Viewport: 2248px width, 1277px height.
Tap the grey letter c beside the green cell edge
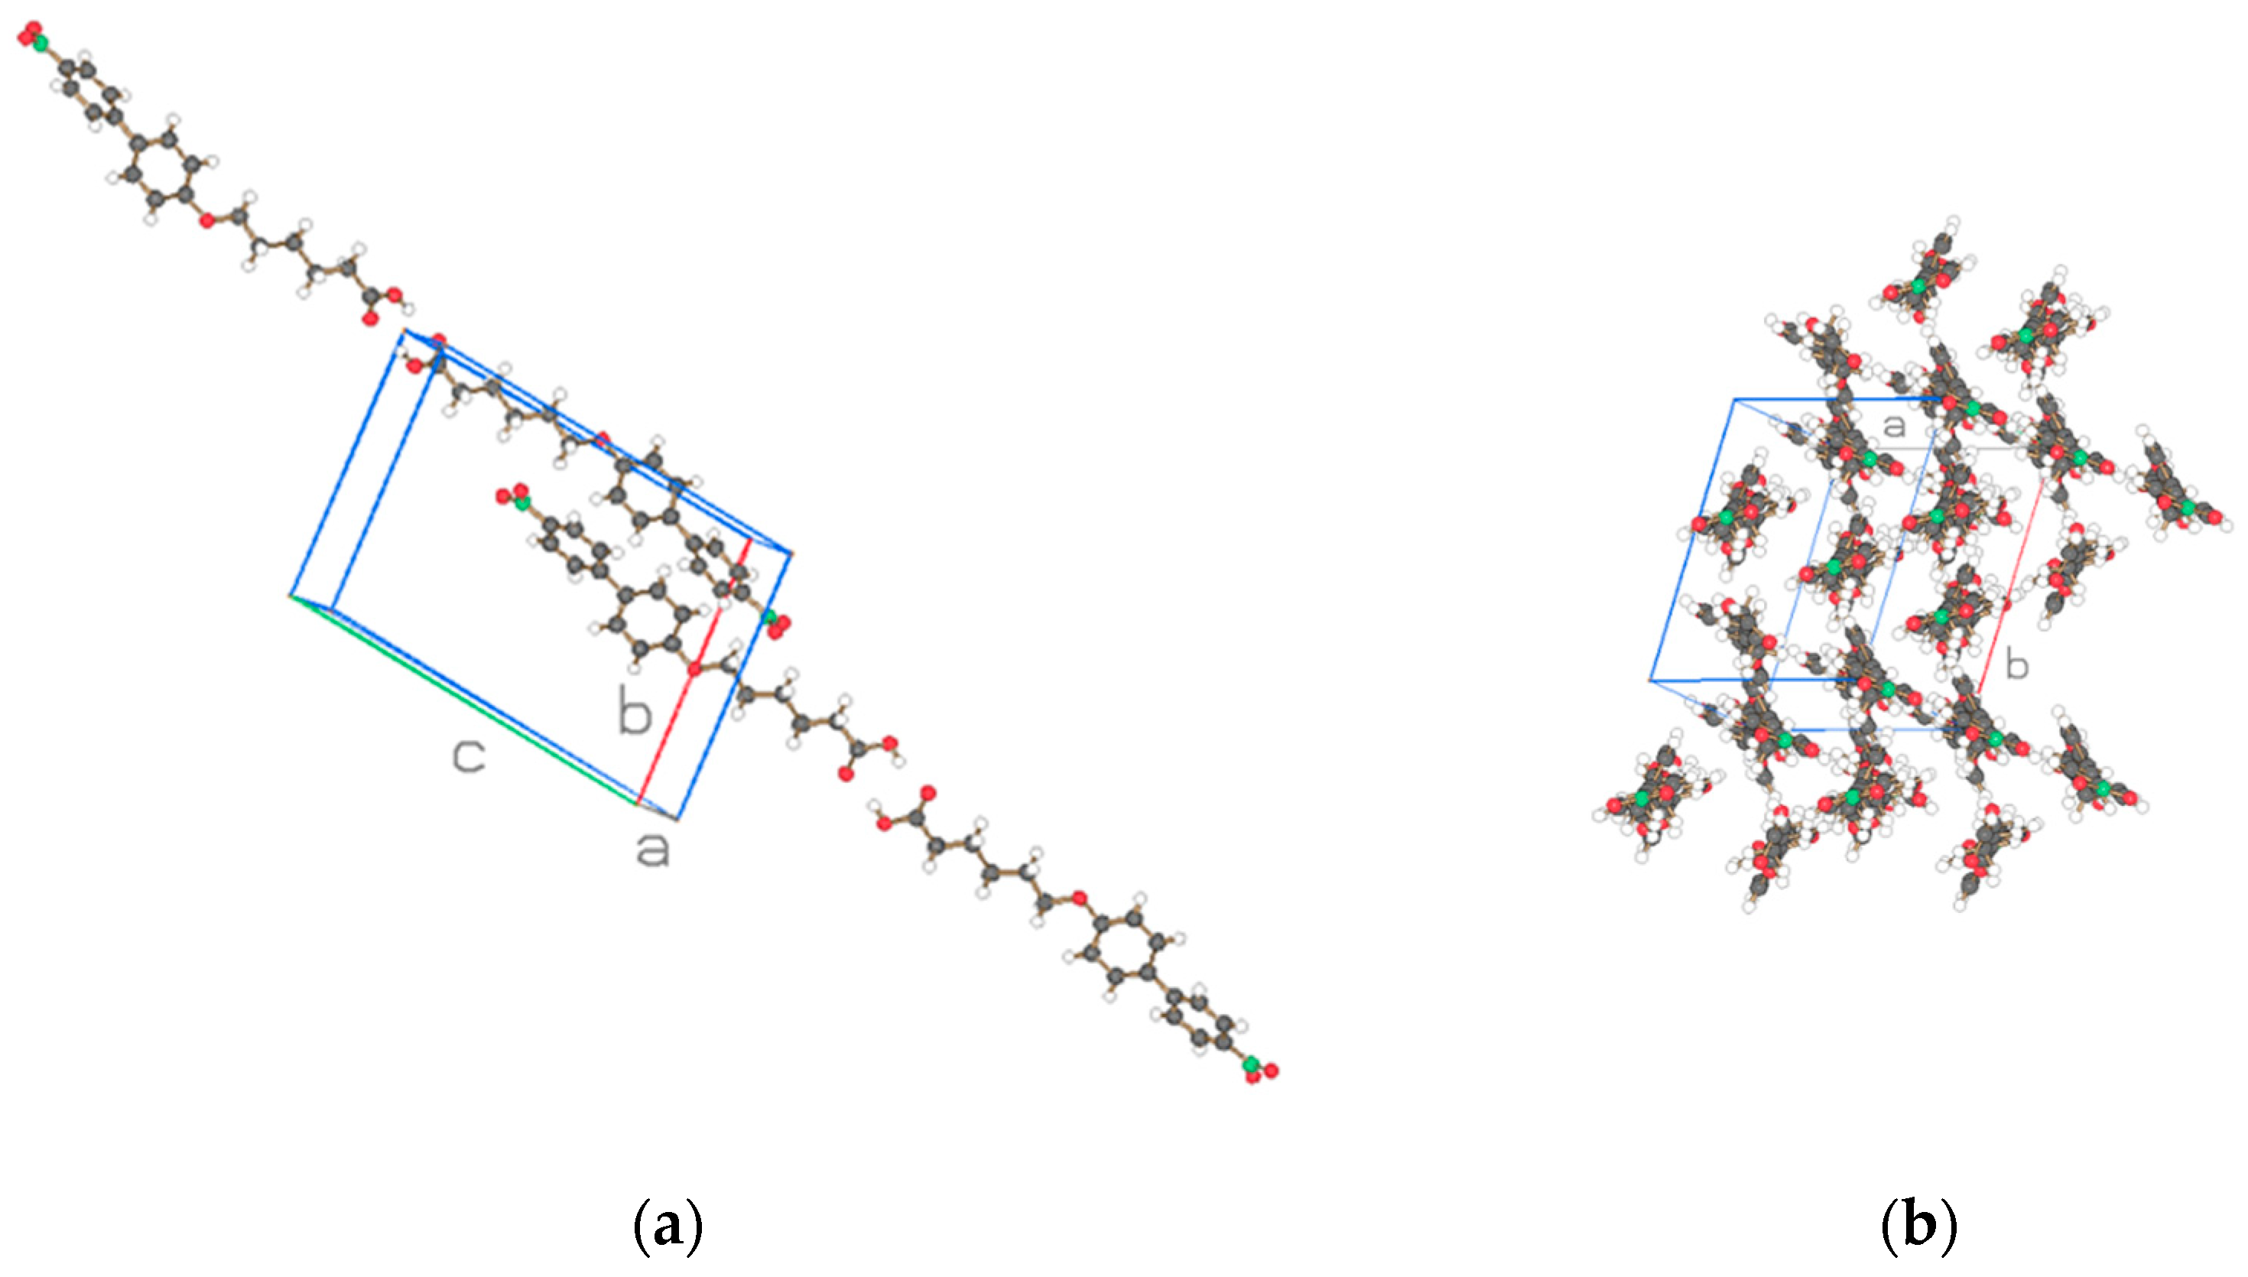pyautogui.click(x=469, y=756)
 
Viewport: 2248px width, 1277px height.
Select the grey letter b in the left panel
pyautogui.click(x=635, y=710)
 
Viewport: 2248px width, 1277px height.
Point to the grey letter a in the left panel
pyautogui.click(x=652, y=850)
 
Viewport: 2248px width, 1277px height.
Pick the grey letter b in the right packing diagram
pyautogui.click(x=2016, y=666)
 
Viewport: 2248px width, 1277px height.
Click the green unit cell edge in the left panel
pyautogui.click(x=465, y=699)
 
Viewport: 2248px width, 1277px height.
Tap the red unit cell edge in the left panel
pyautogui.click(x=693, y=671)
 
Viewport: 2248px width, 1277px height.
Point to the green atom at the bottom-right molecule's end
pyautogui.click(x=1251, y=1064)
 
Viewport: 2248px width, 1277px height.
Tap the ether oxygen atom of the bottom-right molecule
pyautogui.click(x=1080, y=898)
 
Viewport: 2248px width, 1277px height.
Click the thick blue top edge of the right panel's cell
pyautogui.click(x=1832, y=400)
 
